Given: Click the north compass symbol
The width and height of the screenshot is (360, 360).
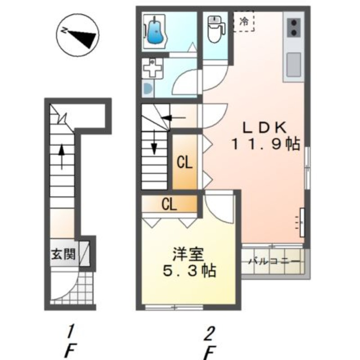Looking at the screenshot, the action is point(78,35).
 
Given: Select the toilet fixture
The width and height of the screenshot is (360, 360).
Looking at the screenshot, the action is point(216,29).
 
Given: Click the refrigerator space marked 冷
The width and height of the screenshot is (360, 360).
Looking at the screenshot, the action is point(244,22).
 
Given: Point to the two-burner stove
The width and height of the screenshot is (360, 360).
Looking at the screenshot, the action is point(294,27).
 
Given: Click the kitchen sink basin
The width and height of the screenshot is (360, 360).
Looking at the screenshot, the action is point(294,65).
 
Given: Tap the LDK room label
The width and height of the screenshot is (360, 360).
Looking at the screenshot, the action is point(265,128).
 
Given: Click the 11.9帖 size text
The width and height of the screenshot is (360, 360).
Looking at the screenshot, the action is point(266,144).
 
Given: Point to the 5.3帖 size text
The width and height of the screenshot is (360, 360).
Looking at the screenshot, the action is point(189,270).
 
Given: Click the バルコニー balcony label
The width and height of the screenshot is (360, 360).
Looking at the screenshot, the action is point(274,261).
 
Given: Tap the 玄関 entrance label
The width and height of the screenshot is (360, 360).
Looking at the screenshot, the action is point(63,254).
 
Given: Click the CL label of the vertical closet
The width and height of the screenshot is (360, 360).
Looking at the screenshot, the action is point(184,163).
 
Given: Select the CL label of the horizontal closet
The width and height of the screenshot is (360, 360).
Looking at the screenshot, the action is point(169,204).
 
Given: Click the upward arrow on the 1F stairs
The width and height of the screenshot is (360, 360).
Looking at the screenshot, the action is point(62,157).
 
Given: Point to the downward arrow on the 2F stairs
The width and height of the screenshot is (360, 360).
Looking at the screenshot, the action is point(154,142).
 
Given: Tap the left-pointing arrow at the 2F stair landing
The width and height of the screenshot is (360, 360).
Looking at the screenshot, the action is point(174,118).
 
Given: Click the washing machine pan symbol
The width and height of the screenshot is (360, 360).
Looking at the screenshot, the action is point(152,68).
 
